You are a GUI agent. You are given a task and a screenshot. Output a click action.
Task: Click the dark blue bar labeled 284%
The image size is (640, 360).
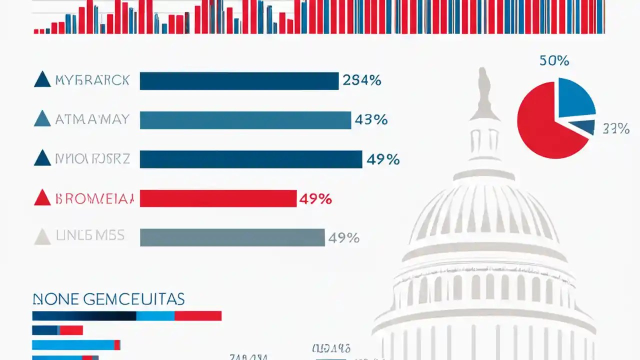click(x=239, y=81)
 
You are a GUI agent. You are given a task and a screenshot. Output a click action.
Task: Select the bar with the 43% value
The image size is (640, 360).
click(x=245, y=120)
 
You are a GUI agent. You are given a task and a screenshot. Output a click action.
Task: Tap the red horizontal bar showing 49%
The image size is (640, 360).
click(x=218, y=198)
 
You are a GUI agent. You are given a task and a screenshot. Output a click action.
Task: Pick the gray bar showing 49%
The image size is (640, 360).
click(x=232, y=237)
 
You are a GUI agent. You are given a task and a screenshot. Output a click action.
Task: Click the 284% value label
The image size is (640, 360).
click(x=362, y=80)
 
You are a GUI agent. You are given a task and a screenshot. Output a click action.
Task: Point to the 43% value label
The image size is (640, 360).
click(x=371, y=120)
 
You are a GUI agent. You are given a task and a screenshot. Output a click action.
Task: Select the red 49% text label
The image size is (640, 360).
click(x=315, y=199)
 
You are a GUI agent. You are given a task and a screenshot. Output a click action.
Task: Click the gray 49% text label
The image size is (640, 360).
click(x=343, y=238)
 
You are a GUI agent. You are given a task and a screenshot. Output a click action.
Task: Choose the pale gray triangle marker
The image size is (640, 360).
click(x=42, y=237)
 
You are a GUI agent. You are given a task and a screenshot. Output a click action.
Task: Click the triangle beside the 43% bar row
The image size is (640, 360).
click(x=42, y=119)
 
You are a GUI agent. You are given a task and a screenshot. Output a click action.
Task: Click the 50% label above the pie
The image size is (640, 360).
click(x=554, y=61)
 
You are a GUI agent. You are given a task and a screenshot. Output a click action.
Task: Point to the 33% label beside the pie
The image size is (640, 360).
click(x=615, y=129)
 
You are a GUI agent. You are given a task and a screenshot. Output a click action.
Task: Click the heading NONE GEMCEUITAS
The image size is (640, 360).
click(x=108, y=299)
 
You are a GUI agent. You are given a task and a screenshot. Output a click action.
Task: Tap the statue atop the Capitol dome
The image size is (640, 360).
click(x=483, y=92)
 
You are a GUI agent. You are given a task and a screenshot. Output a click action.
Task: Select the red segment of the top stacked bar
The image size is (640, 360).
click(x=198, y=316)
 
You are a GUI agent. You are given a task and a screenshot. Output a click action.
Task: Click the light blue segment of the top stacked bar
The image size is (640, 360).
click(x=155, y=316)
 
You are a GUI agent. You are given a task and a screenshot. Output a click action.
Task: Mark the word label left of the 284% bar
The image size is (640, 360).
click(x=92, y=80)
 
